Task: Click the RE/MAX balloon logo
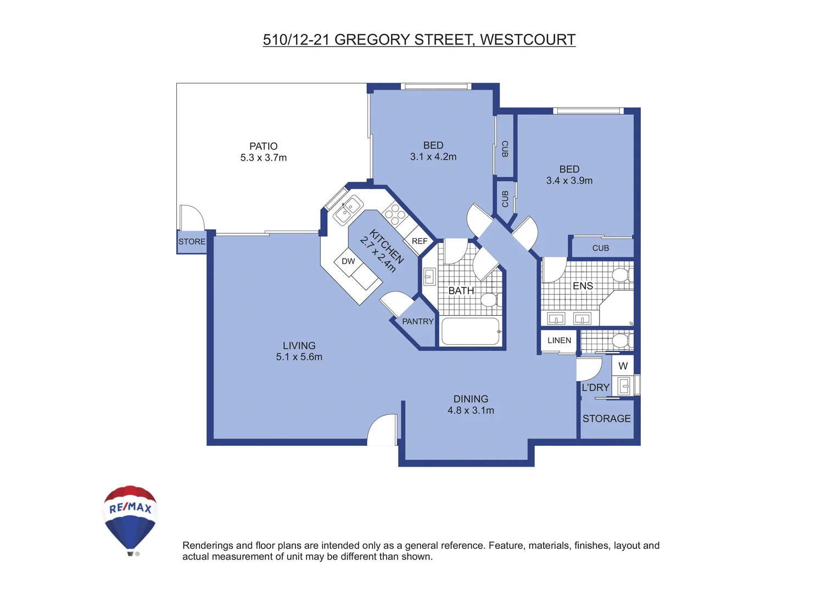click(x=131, y=519)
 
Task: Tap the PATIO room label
click(x=264, y=146)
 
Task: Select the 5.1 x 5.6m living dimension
click(x=299, y=357)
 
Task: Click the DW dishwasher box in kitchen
click(x=348, y=261)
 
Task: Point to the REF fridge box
click(x=419, y=241)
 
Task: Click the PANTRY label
click(x=418, y=322)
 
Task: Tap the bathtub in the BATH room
click(x=471, y=331)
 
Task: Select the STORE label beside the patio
click(x=192, y=242)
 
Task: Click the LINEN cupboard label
click(x=559, y=340)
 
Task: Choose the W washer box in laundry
click(x=623, y=366)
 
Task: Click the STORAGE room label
click(x=606, y=418)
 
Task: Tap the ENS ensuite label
click(x=583, y=286)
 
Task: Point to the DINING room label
click(x=471, y=399)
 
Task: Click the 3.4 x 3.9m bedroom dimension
click(x=569, y=181)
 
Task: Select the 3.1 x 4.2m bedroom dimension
click(x=433, y=157)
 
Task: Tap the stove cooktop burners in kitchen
click(x=394, y=214)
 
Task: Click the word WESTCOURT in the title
click(x=528, y=40)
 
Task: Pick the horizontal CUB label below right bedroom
click(x=601, y=248)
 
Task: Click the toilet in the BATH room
click(x=488, y=300)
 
